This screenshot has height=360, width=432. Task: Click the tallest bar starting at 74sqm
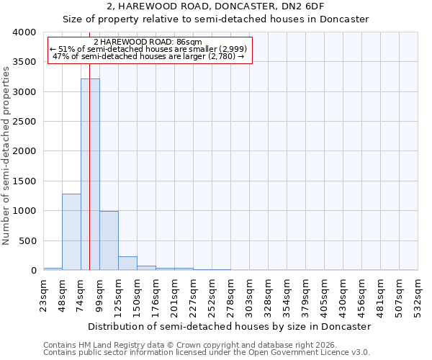(90, 174)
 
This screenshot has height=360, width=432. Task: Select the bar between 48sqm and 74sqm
(71, 232)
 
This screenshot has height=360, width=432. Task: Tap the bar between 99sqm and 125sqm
(109, 240)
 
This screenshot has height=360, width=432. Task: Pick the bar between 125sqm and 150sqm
(127, 264)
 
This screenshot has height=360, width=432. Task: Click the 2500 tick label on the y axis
(24, 122)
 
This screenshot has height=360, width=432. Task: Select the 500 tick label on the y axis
(27, 240)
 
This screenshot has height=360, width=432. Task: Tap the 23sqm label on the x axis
(44, 294)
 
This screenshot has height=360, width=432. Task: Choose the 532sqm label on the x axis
(418, 294)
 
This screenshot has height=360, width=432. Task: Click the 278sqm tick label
(230, 294)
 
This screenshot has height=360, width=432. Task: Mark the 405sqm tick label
(324, 294)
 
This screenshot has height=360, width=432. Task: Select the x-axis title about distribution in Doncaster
(230, 326)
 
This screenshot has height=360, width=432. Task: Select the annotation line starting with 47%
(149, 56)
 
